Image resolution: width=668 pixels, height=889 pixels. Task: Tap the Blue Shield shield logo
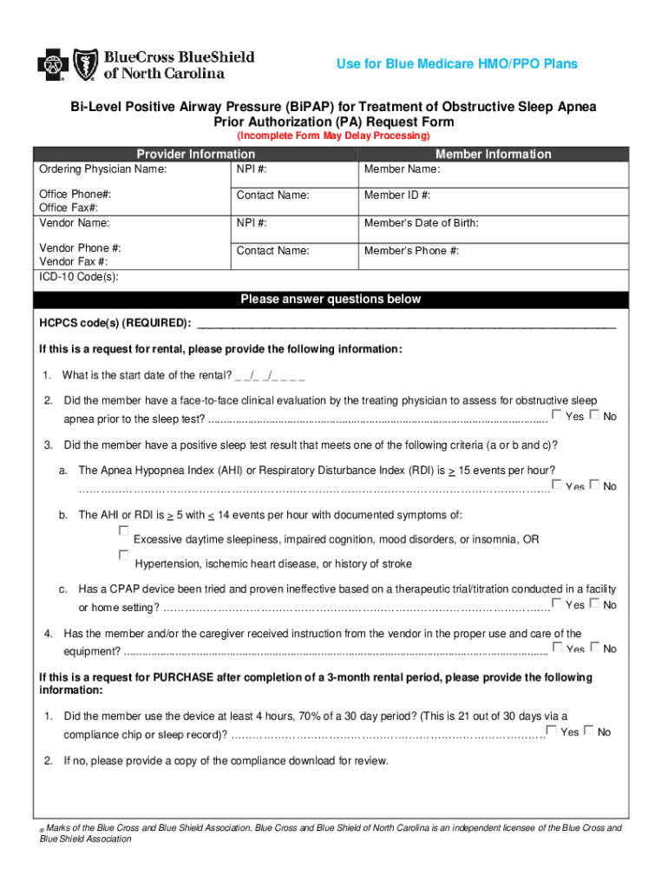(85, 63)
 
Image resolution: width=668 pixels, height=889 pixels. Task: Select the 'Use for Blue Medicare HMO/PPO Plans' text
(456, 64)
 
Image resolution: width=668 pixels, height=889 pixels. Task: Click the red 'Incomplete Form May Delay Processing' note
(333, 136)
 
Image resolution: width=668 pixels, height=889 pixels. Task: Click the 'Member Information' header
(493, 154)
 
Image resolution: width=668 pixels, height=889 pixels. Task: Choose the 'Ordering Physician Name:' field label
(103, 169)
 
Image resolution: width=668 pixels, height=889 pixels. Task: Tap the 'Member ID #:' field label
(397, 195)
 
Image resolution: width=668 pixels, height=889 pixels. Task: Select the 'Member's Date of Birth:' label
(421, 223)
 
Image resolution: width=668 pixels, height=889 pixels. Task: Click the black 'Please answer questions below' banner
(331, 300)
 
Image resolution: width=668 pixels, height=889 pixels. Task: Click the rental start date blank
(269, 376)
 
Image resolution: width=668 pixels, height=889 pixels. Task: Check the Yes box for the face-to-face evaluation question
(557, 414)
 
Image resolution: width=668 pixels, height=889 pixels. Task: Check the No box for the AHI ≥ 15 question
(594, 484)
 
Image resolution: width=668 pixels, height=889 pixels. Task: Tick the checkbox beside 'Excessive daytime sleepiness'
(123, 530)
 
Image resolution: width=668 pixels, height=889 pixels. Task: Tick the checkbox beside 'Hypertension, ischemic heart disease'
(123, 555)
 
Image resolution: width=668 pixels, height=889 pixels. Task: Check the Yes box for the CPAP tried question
(557, 603)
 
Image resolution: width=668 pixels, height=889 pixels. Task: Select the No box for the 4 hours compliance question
(589, 730)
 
